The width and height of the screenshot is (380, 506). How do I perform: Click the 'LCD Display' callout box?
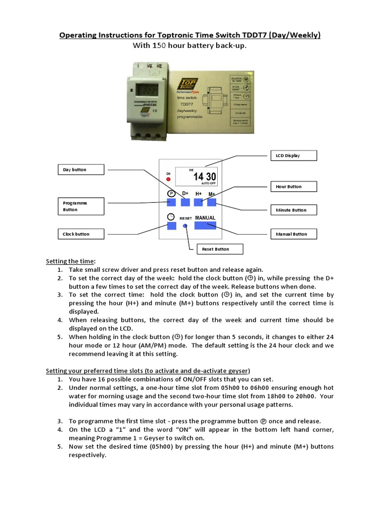[292, 156]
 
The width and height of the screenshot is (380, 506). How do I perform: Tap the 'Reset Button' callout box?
[220, 249]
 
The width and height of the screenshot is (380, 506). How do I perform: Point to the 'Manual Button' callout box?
[292, 234]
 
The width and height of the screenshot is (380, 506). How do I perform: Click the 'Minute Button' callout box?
[292, 210]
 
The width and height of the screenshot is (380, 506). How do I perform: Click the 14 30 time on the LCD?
[204, 177]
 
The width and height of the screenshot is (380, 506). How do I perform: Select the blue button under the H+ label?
[198, 202]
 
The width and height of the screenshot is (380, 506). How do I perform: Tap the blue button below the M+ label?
[212, 202]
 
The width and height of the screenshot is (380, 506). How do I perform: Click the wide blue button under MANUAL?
[205, 225]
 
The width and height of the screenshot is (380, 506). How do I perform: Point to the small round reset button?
[185, 225]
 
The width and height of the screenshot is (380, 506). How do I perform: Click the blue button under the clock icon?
[171, 225]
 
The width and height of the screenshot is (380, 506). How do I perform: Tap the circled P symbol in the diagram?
[171, 193]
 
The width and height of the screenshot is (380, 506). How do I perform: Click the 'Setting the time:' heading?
[71, 261]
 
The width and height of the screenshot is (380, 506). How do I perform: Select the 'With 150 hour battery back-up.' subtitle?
[190, 46]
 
